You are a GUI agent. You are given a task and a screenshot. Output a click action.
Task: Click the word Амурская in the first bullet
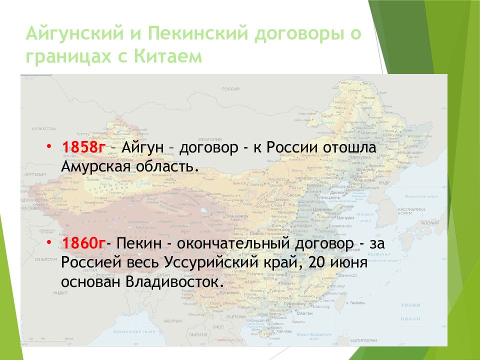click(x=92, y=166)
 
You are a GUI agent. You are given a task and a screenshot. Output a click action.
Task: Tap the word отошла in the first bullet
click(x=355, y=148)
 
